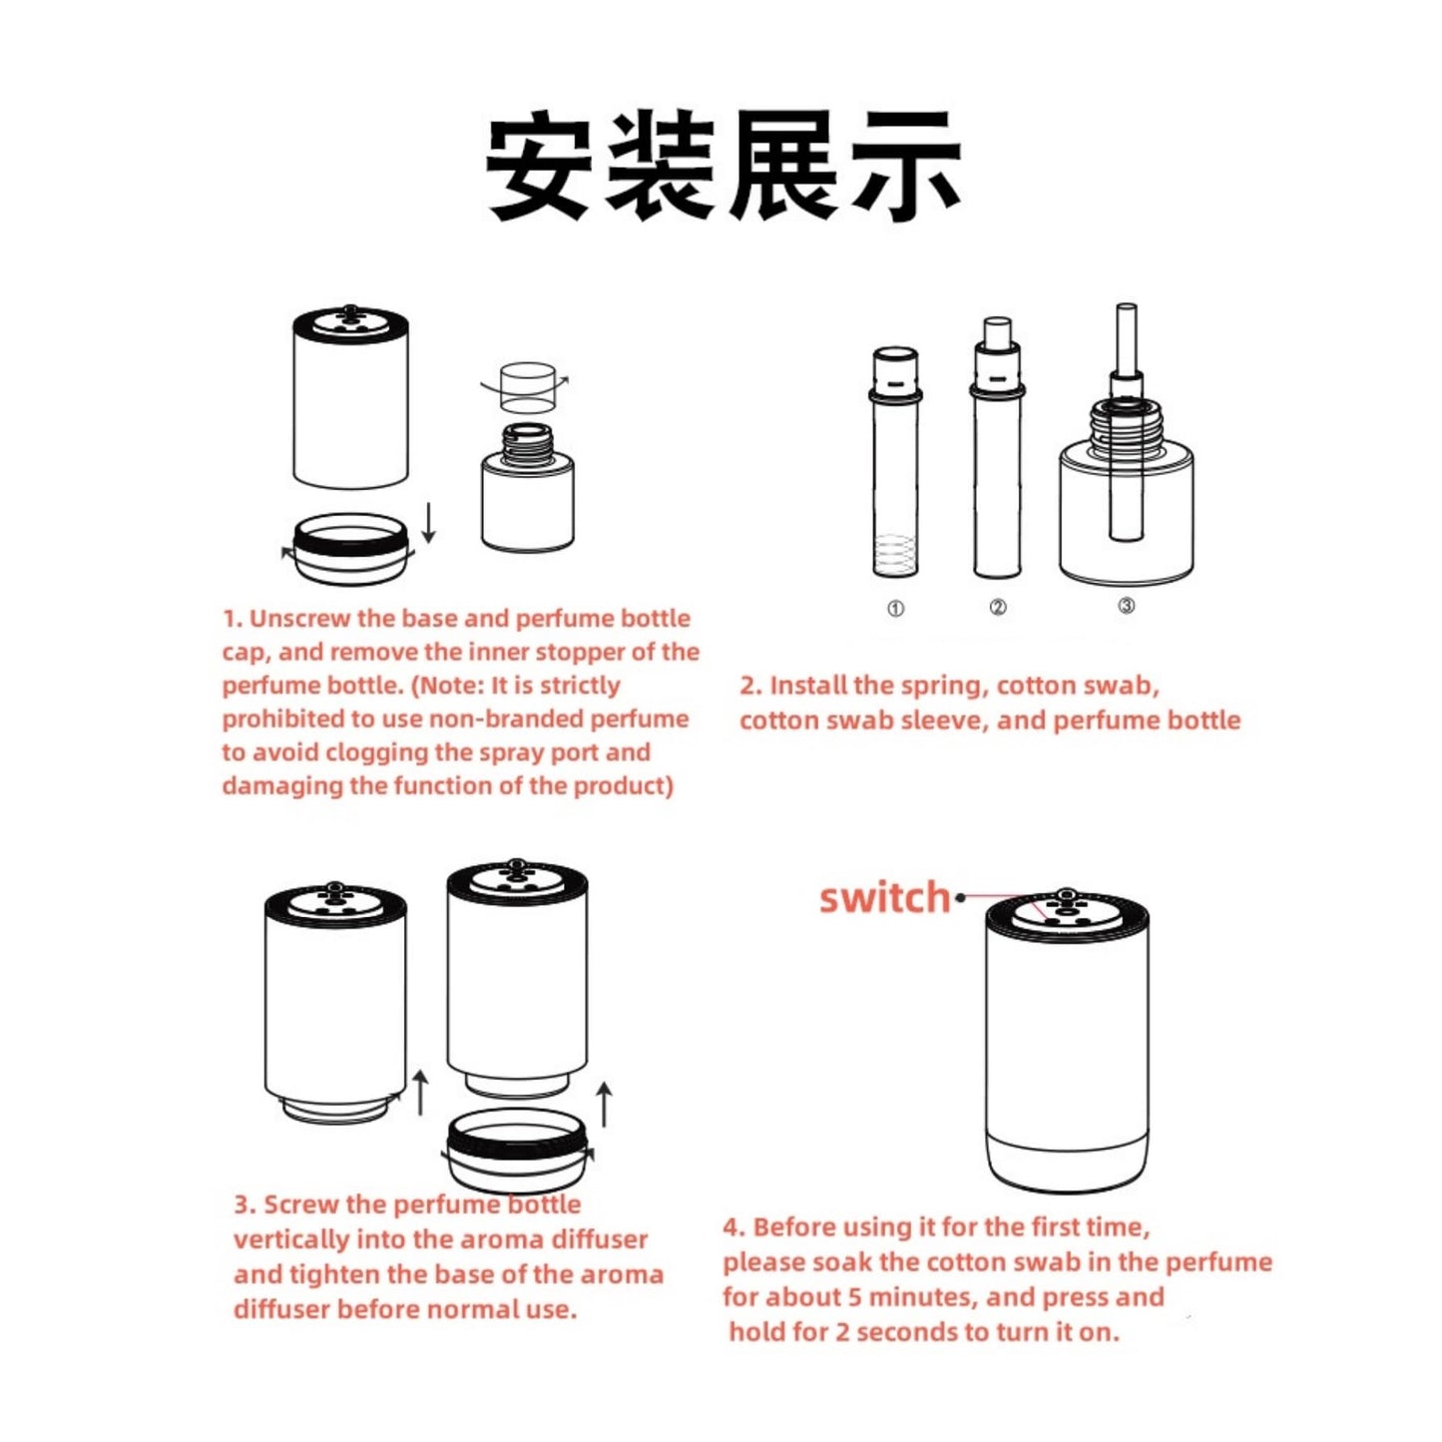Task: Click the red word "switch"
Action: click(x=884, y=897)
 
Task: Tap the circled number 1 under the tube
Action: click(x=895, y=609)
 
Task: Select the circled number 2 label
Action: click(x=998, y=607)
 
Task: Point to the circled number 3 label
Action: click(x=1127, y=606)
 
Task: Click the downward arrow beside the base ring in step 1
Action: click(x=429, y=522)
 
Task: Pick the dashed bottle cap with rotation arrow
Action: click(x=527, y=388)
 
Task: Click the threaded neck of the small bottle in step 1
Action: click(x=527, y=441)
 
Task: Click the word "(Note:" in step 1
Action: click(x=449, y=686)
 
